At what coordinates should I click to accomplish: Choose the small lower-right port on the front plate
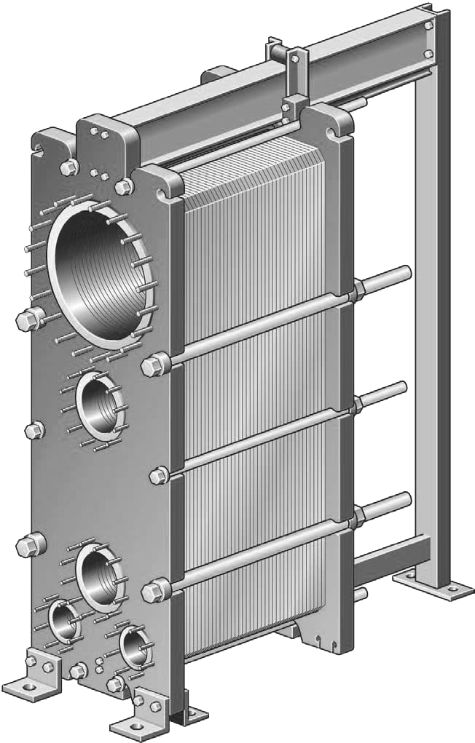[x=134, y=645]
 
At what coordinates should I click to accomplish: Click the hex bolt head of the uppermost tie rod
[x=151, y=365]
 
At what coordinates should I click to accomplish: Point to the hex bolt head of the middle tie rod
[x=157, y=476]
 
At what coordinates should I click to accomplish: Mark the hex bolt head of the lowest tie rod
[x=152, y=591]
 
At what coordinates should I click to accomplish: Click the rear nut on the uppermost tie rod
[x=358, y=292]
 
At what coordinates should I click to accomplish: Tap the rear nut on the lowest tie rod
[x=358, y=517]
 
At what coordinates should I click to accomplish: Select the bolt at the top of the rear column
[x=428, y=25]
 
